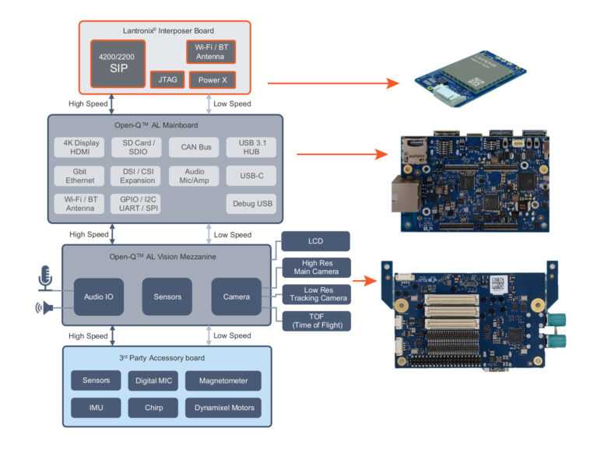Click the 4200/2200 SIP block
118,63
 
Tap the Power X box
212,79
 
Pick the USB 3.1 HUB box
251,147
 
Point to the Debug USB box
251,205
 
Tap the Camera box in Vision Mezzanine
236,296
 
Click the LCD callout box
314,241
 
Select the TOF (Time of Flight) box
314,321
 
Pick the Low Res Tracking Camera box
314,294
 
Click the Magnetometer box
223,381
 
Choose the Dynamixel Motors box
223,407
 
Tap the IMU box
96,407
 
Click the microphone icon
44,279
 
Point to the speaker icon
44,309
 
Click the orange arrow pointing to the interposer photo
327,82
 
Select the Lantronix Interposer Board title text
165,30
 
